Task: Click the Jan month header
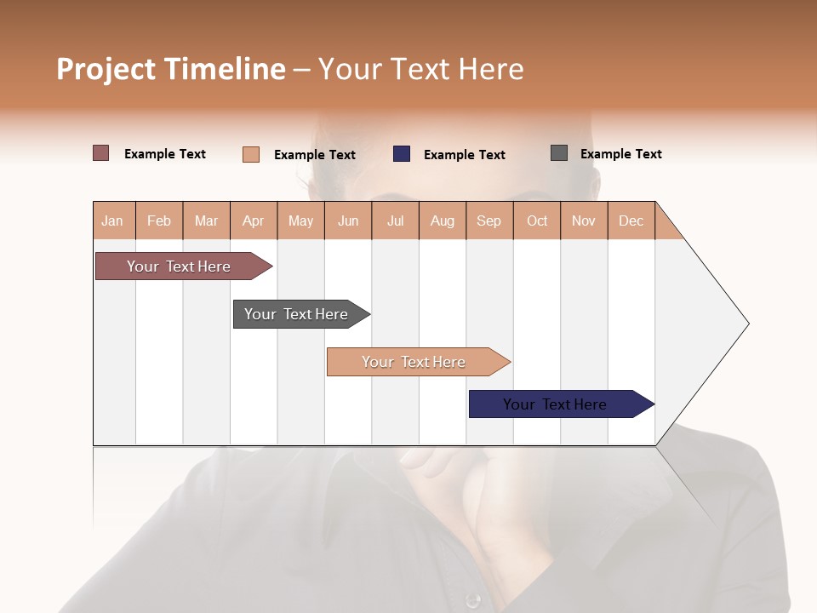click(113, 221)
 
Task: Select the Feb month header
click(159, 221)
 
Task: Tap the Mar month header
click(206, 221)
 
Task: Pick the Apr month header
click(254, 221)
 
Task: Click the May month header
click(300, 221)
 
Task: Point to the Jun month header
click(348, 221)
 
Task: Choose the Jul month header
click(395, 221)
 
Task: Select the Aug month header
click(443, 221)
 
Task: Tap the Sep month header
click(489, 221)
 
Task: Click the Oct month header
click(537, 221)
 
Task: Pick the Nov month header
click(584, 221)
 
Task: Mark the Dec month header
click(631, 221)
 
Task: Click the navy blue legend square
click(402, 154)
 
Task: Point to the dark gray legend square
click(559, 153)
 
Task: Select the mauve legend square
click(101, 153)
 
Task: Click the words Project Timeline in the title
click(171, 69)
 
